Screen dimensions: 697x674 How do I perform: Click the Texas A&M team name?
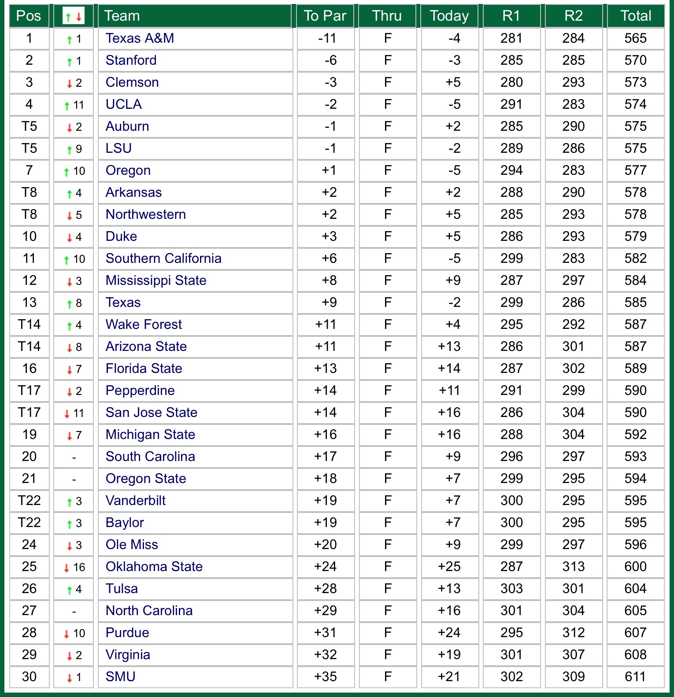point(140,38)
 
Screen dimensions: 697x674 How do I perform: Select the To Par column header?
point(325,16)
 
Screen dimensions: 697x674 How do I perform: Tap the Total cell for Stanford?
point(635,60)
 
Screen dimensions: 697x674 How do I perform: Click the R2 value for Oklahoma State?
point(573,567)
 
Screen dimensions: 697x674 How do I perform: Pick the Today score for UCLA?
point(454,104)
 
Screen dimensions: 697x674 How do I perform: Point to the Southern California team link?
point(163,258)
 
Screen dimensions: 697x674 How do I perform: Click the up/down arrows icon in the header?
point(74,17)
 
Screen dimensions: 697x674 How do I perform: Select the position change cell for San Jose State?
point(74,413)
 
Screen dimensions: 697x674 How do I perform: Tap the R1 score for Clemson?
point(511,82)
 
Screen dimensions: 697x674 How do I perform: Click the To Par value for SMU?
point(326,677)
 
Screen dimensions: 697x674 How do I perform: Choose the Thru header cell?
point(387,16)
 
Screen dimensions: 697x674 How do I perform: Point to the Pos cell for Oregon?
point(29,170)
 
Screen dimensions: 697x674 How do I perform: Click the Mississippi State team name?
point(156,280)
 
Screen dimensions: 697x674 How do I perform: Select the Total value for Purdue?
point(635,633)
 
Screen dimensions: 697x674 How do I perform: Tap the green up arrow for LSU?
point(69,150)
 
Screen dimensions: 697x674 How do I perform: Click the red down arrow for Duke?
point(69,238)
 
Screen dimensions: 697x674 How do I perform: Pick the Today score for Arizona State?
point(449,347)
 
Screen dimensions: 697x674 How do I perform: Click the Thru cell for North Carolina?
point(388,611)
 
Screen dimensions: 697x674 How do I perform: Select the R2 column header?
point(573,16)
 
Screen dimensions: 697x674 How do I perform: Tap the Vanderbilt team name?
point(136,501)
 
